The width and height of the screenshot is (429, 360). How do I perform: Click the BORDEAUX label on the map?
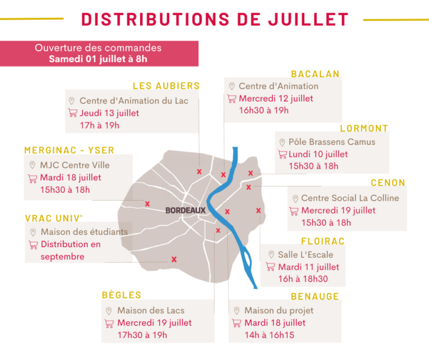click(185, 210)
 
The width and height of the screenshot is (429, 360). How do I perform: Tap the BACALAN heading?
click(315, 74)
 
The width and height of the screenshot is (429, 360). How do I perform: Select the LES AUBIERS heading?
click(166, 86)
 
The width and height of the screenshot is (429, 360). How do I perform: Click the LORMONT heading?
click(364, 128)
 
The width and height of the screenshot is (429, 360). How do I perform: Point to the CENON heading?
click(388, 183)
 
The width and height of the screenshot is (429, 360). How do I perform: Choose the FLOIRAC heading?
click(323, 241)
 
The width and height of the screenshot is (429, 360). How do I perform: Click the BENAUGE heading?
click(315, 296)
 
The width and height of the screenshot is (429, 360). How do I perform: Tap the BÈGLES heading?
click(121, 295)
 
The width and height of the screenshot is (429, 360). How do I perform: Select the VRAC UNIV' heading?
click(54, 218)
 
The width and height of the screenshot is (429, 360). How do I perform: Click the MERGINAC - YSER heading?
click(69, 150)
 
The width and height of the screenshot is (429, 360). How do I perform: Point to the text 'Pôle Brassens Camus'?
click(332, 142)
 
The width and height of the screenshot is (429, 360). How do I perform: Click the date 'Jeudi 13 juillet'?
click(109, 113)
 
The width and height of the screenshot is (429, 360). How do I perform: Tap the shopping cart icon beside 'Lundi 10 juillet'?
click(282, 154)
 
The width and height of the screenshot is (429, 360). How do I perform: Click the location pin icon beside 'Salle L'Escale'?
click(271, 254)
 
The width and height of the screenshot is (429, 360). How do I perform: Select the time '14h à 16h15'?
click(269, 335)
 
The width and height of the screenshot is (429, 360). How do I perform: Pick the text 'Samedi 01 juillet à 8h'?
click(98, 59)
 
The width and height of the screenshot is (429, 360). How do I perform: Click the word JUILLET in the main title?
click(308, 20)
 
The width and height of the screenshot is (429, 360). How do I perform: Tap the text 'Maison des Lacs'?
click(151, 310)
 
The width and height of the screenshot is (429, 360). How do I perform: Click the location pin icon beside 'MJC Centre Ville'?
click(32, 165)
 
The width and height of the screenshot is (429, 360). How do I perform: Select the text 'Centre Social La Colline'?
click(350, 198)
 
